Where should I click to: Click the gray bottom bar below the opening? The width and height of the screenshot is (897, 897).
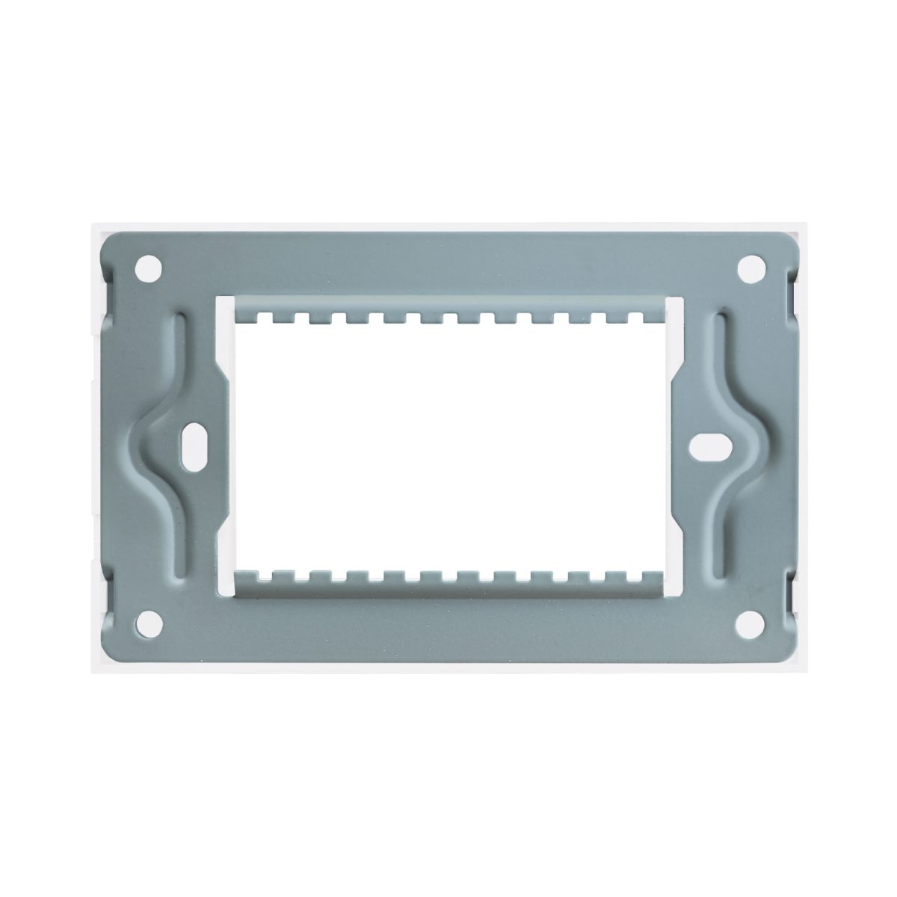(x=449, y=620)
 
